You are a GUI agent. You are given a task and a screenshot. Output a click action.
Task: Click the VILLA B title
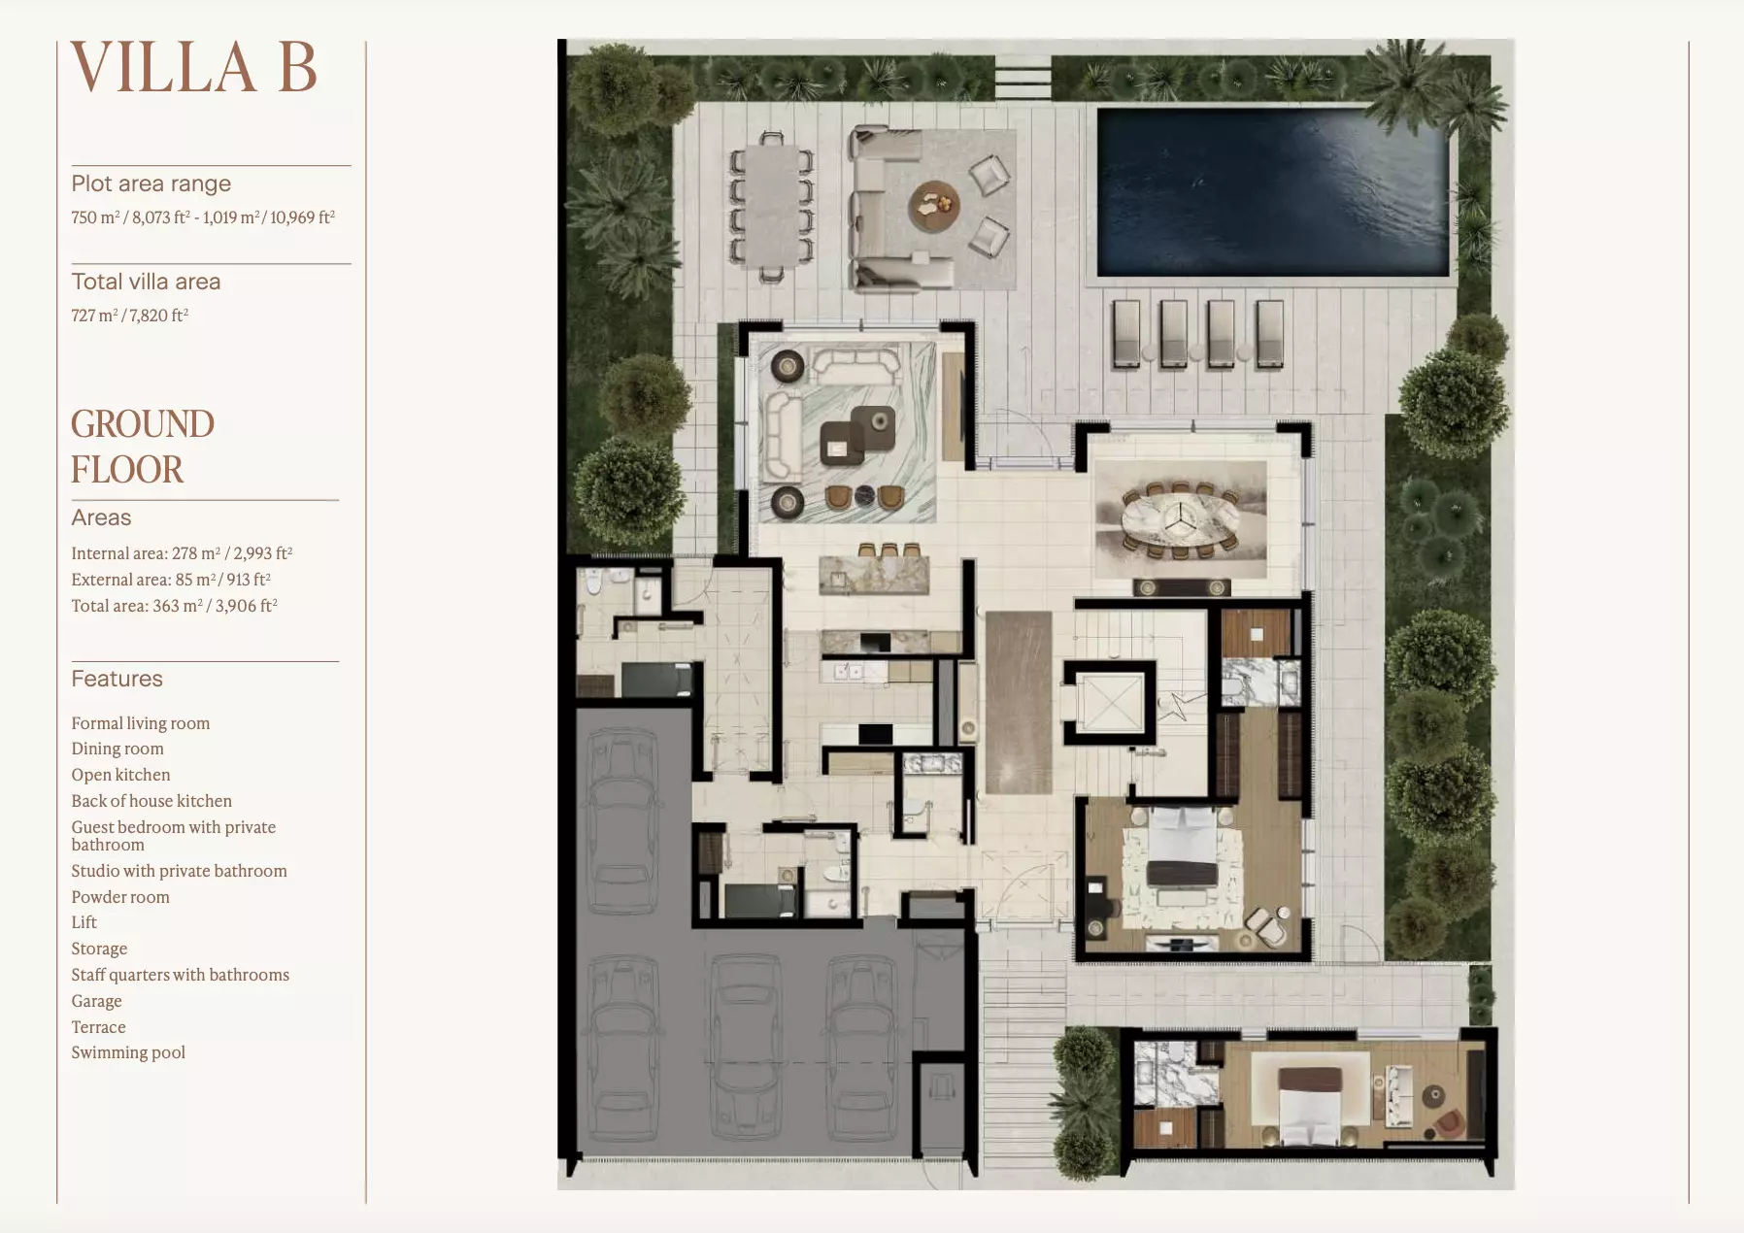click(194, 67)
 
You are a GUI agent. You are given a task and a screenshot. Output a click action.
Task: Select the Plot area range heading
click(151, 183)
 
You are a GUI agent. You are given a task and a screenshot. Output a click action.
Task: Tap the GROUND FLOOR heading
click(143, 447)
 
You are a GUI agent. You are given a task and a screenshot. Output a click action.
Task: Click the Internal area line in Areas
click(182, 552)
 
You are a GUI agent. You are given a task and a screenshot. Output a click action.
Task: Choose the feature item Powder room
click(120, 897)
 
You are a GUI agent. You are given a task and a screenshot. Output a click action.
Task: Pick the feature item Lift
click(84, 922)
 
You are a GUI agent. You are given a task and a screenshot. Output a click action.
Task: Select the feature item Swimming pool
click(128, 1052)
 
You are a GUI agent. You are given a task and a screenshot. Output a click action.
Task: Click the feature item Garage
click(96, 1001)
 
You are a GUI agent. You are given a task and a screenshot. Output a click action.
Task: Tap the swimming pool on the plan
click(1273, 192)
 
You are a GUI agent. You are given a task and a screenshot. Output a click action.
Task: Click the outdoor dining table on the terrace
click(772, 206)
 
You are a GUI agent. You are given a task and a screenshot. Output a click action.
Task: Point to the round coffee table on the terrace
click(934, 205)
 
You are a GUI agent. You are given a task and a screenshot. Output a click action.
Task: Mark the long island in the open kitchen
click(1019, 702)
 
